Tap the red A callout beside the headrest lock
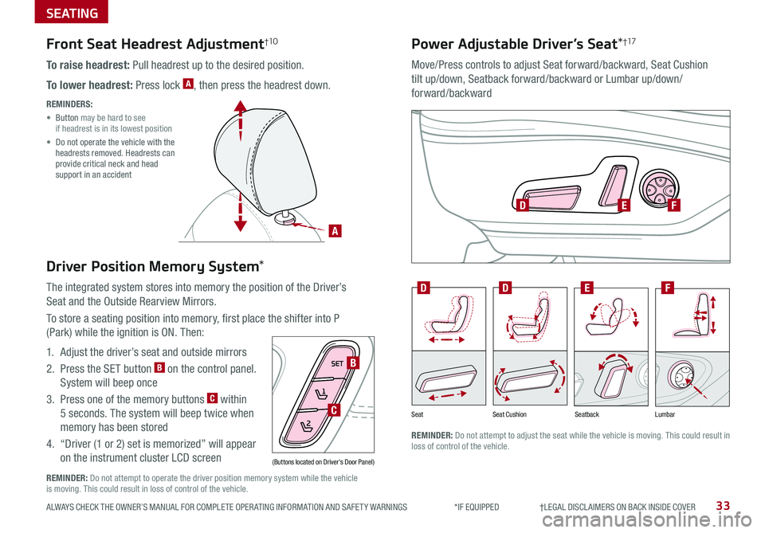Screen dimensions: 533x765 [335, 231]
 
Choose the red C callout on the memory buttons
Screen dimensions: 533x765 [335, 410]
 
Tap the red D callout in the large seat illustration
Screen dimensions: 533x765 [523, 206]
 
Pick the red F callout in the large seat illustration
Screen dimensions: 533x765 [674, 206]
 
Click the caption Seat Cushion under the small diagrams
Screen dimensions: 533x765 [509, 415]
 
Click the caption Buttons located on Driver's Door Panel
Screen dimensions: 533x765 [323, 462]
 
